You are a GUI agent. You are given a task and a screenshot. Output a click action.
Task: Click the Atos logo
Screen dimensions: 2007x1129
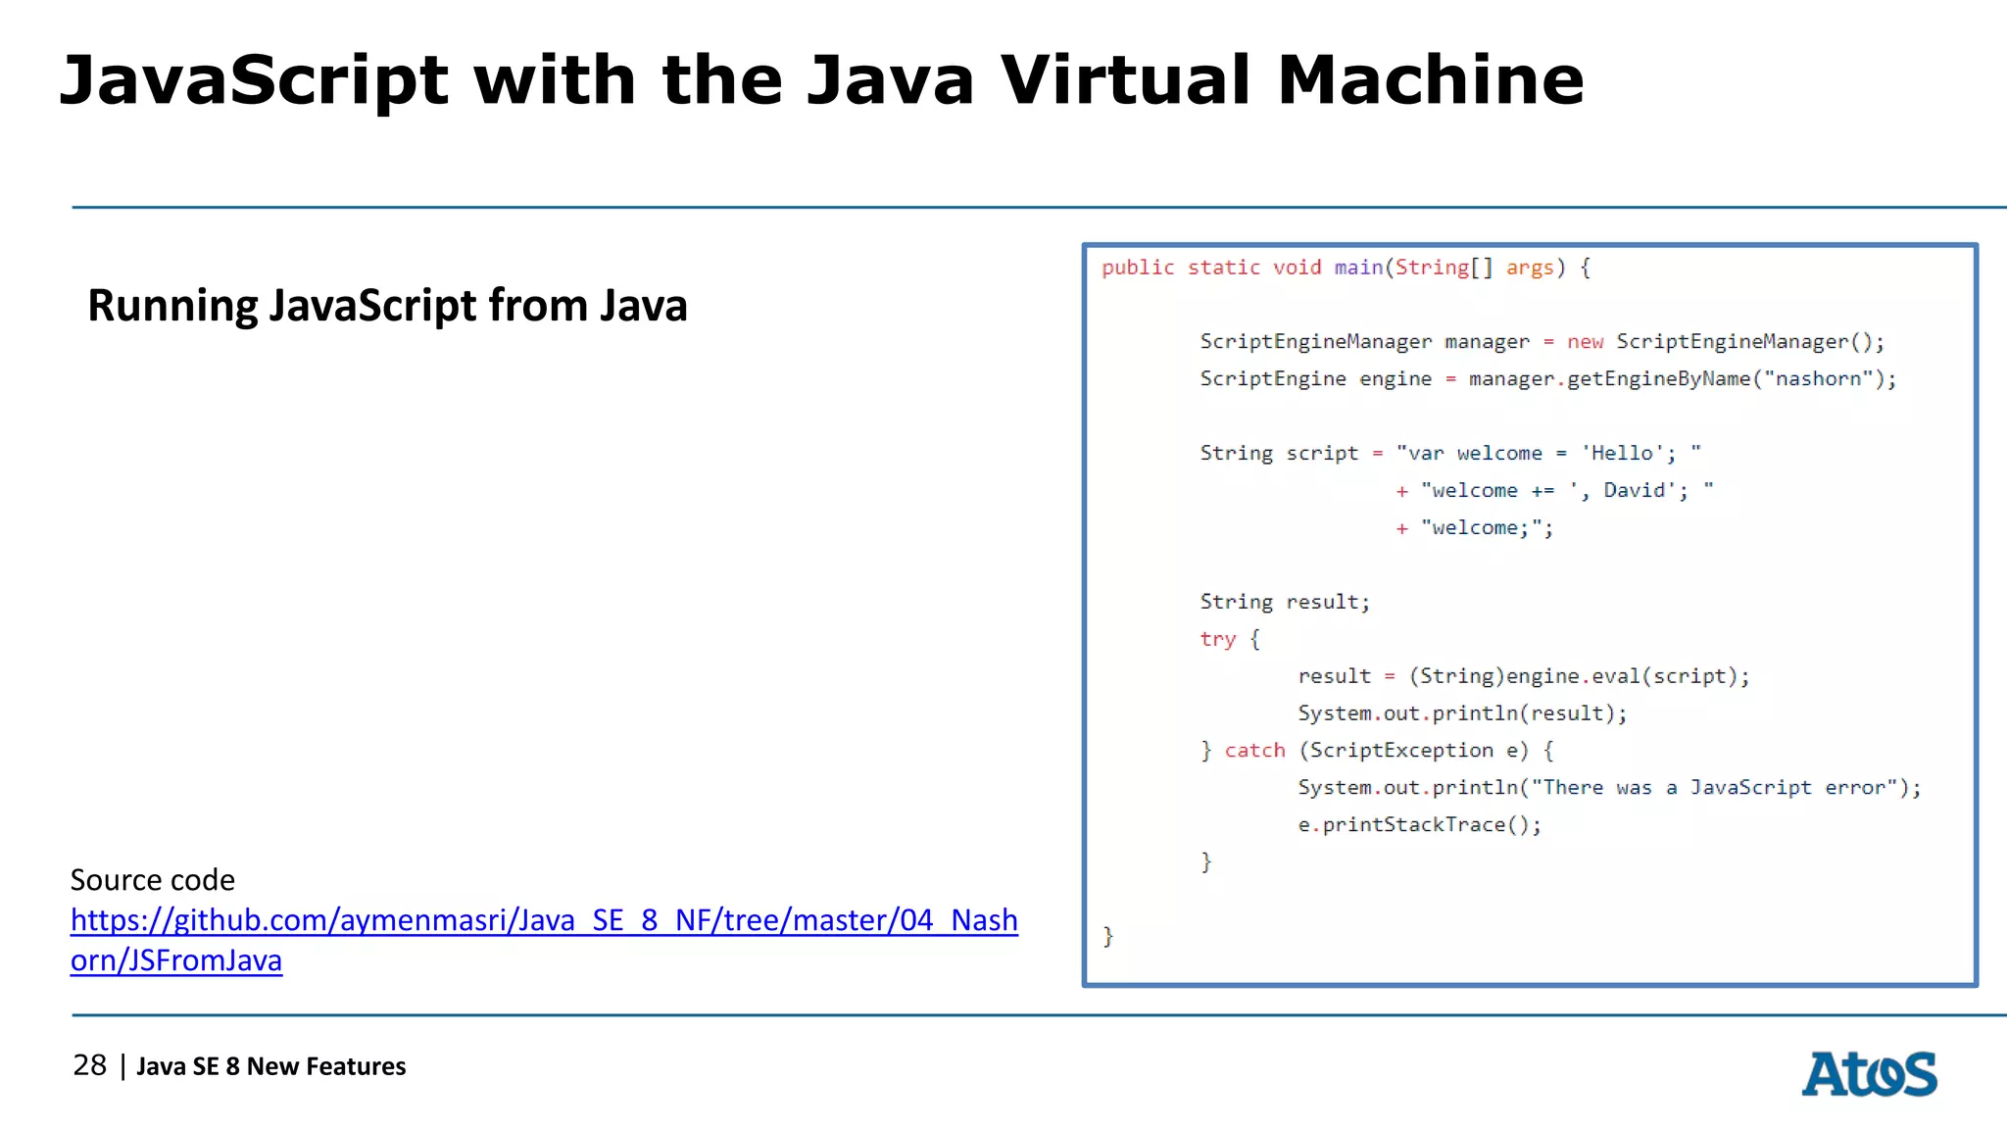[x=1869, y=1074]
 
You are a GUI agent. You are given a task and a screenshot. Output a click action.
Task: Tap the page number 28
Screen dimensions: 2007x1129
[x=89, y=1065]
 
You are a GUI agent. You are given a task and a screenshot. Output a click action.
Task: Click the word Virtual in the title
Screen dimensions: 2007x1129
[x=1125, y=80]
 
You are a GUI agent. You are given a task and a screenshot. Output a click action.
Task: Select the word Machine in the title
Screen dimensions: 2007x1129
[x=1431, y=80]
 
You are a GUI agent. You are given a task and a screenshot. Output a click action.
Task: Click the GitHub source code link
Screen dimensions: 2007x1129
[x=544, y=921]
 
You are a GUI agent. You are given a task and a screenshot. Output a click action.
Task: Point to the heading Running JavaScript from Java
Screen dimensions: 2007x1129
[x=387, y=306]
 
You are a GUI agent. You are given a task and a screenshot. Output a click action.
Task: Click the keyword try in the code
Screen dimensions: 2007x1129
[x=1217, y=639]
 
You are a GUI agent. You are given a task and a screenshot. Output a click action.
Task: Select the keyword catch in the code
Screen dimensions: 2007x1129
[x=1254, y=751]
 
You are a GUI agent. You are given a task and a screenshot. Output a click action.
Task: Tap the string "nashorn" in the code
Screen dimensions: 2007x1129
[x=1818, y=379]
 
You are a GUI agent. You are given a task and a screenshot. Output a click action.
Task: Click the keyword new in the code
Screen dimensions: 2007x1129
[x=1585, y=342]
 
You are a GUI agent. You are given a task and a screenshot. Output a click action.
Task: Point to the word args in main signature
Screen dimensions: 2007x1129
[x=1530, y=268]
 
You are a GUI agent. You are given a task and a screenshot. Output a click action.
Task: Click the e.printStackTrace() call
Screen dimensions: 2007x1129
[x=1419, y=825]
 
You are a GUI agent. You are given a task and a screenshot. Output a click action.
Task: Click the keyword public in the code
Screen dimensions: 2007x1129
[x=1137, y=268]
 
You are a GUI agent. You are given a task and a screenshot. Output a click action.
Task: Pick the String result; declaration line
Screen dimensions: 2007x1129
[x=1285, y=602]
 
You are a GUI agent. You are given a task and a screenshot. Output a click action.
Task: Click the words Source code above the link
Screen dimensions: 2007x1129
[x=153, y=880]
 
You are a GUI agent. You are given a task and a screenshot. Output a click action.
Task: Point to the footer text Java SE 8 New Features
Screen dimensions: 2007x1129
[x=270, y=1066]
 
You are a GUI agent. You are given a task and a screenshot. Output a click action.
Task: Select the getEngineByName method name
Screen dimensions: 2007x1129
[x=1658, y=379]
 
